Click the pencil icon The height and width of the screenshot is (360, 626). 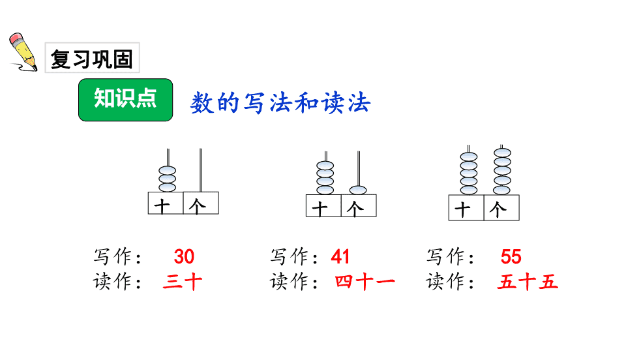pos(23,53)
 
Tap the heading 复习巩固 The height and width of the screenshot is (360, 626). pos(92,59)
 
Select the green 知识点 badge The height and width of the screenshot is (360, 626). pos(125,100)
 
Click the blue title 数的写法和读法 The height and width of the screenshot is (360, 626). pos(280,103)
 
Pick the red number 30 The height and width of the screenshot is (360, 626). pos(184,256)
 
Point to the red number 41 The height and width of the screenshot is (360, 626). pos(340,256)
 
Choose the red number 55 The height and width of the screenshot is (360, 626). pos(511,256)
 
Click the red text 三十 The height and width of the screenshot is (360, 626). pos(183,282)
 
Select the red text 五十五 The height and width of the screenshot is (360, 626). pos(528,282)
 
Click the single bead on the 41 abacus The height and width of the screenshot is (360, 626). pos(358,190)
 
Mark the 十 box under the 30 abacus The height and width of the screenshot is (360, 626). pos(166,203)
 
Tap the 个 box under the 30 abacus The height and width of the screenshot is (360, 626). pos(201,203)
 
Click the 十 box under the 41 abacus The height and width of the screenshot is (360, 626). pos(323,205)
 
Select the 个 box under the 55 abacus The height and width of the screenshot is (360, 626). pos(501,208)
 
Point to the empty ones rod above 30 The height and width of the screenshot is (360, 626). pos(201,170)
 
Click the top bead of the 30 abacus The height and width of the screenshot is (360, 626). pos(168,170)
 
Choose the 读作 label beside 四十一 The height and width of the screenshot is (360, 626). pos(294,282)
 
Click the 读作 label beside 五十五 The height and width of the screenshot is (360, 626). pos(451,282)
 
